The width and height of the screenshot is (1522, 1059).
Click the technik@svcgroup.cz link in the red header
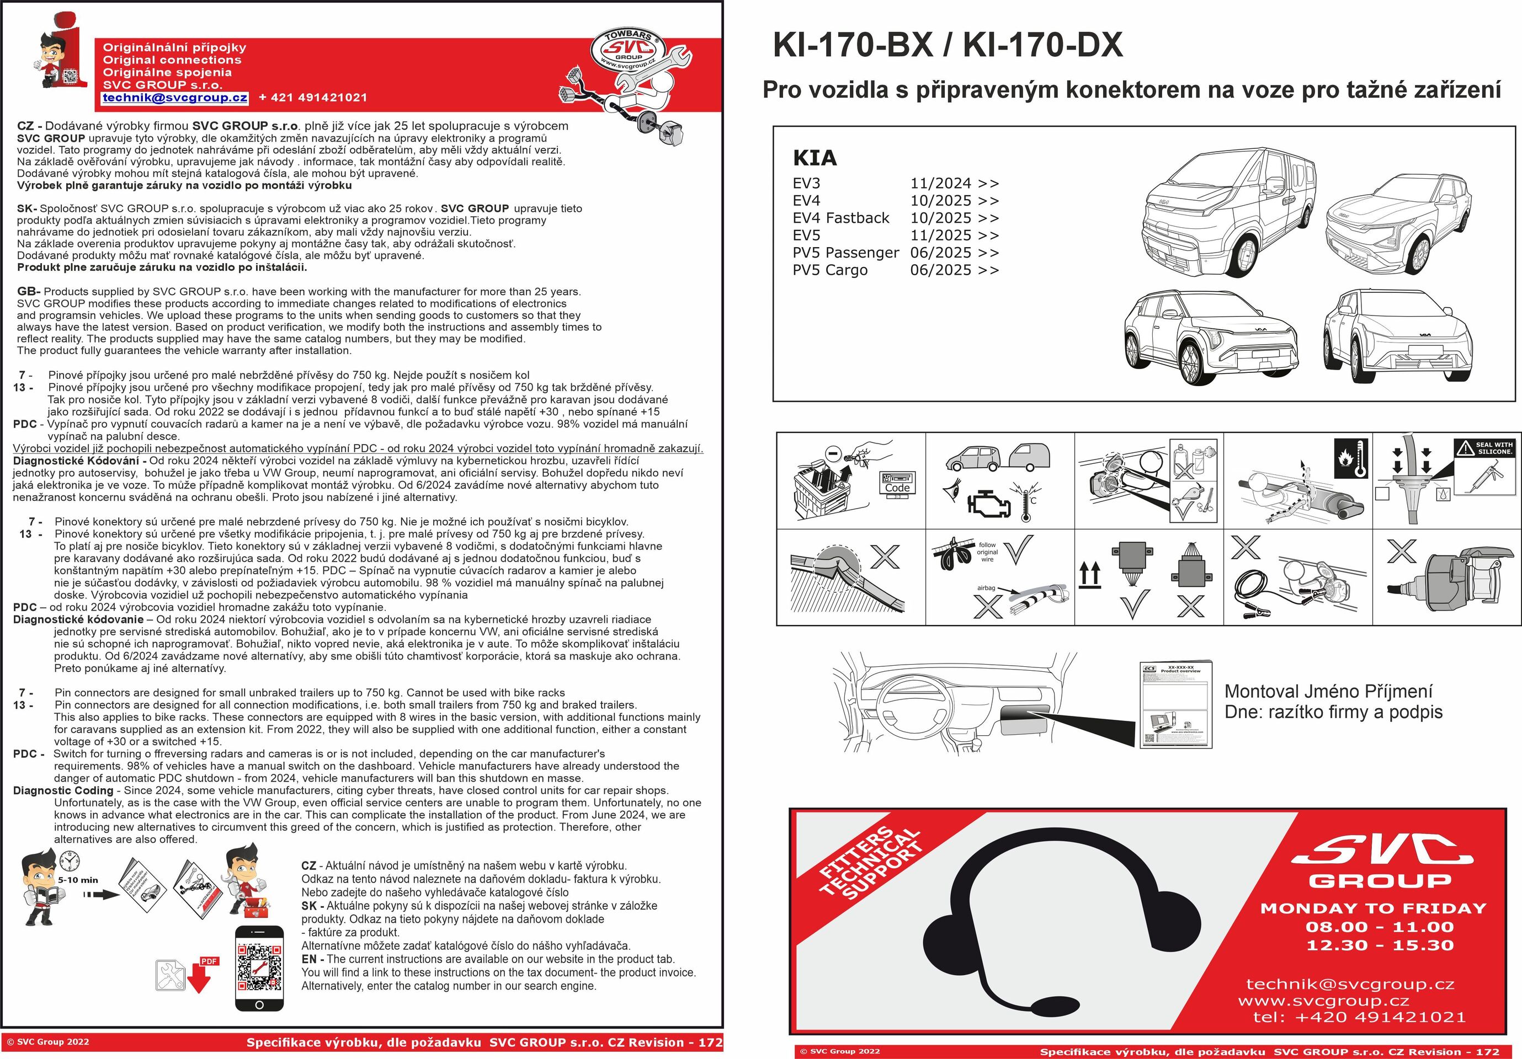coord(175,98)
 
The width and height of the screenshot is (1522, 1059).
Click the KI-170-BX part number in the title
coord(853,45)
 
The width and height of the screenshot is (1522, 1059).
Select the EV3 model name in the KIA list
coord(806,184)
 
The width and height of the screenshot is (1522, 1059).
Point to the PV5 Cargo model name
coord(830,270)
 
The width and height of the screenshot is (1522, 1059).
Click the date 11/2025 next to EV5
coord(940,236)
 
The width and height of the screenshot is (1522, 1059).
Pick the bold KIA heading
coord(815,158)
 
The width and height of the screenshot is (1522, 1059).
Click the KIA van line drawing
coord(1226,212)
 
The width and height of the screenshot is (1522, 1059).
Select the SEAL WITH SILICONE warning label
coord(1485,448)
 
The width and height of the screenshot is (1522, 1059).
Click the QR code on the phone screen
coord(259,966)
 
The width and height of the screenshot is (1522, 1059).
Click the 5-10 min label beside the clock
coord(78,880)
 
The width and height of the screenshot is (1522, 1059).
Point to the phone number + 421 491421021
coord(312,98)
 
